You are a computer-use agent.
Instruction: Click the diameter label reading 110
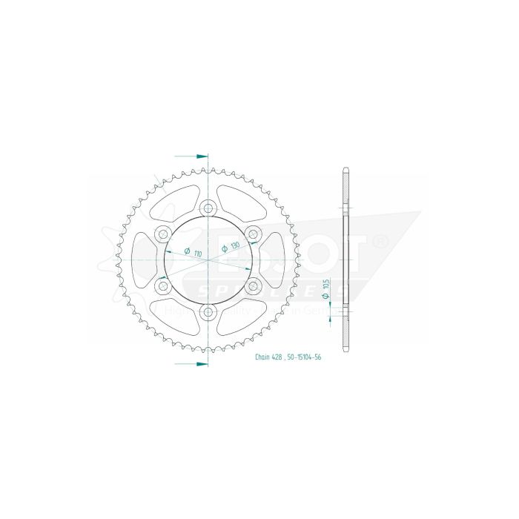(198, 253)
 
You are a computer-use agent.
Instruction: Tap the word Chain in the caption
(263, 357)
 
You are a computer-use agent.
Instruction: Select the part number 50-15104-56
(305, 357)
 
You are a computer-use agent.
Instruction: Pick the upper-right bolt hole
(253, 234)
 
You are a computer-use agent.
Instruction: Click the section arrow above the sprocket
(200, 156)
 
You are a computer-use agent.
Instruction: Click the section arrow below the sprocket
(200, 364)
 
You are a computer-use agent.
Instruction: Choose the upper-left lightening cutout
(172, 199)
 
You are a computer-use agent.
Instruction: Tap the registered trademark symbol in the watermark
(380, 242)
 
